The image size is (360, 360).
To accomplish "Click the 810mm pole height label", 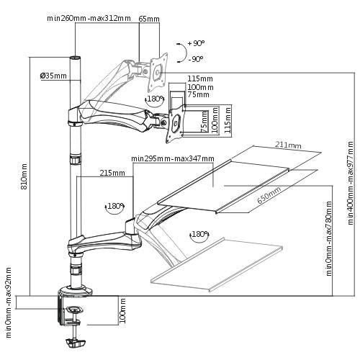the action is (24, 176).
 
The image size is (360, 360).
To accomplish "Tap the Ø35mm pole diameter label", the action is (53, 76).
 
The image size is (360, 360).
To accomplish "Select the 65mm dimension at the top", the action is (149, 19).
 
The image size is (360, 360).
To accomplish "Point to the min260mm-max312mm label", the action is (89, 18).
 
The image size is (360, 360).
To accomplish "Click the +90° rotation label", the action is (196, 43).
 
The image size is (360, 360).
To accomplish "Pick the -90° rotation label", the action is (196, 59).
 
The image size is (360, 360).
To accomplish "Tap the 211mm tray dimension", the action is (288, 145).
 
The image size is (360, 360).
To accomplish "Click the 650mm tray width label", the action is (269, 195).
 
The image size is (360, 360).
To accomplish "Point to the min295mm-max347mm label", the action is (173, 158).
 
